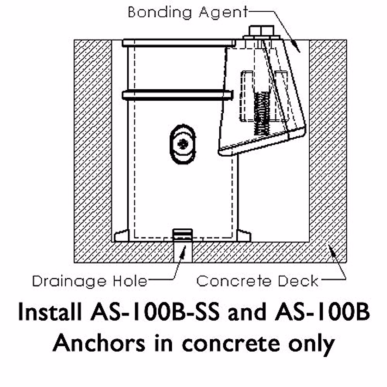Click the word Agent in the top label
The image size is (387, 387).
223,13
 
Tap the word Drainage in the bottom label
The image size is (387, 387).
69,281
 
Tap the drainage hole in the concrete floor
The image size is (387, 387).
183,252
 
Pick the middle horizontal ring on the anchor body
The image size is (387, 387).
177,95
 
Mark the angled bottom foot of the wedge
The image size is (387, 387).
261,142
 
